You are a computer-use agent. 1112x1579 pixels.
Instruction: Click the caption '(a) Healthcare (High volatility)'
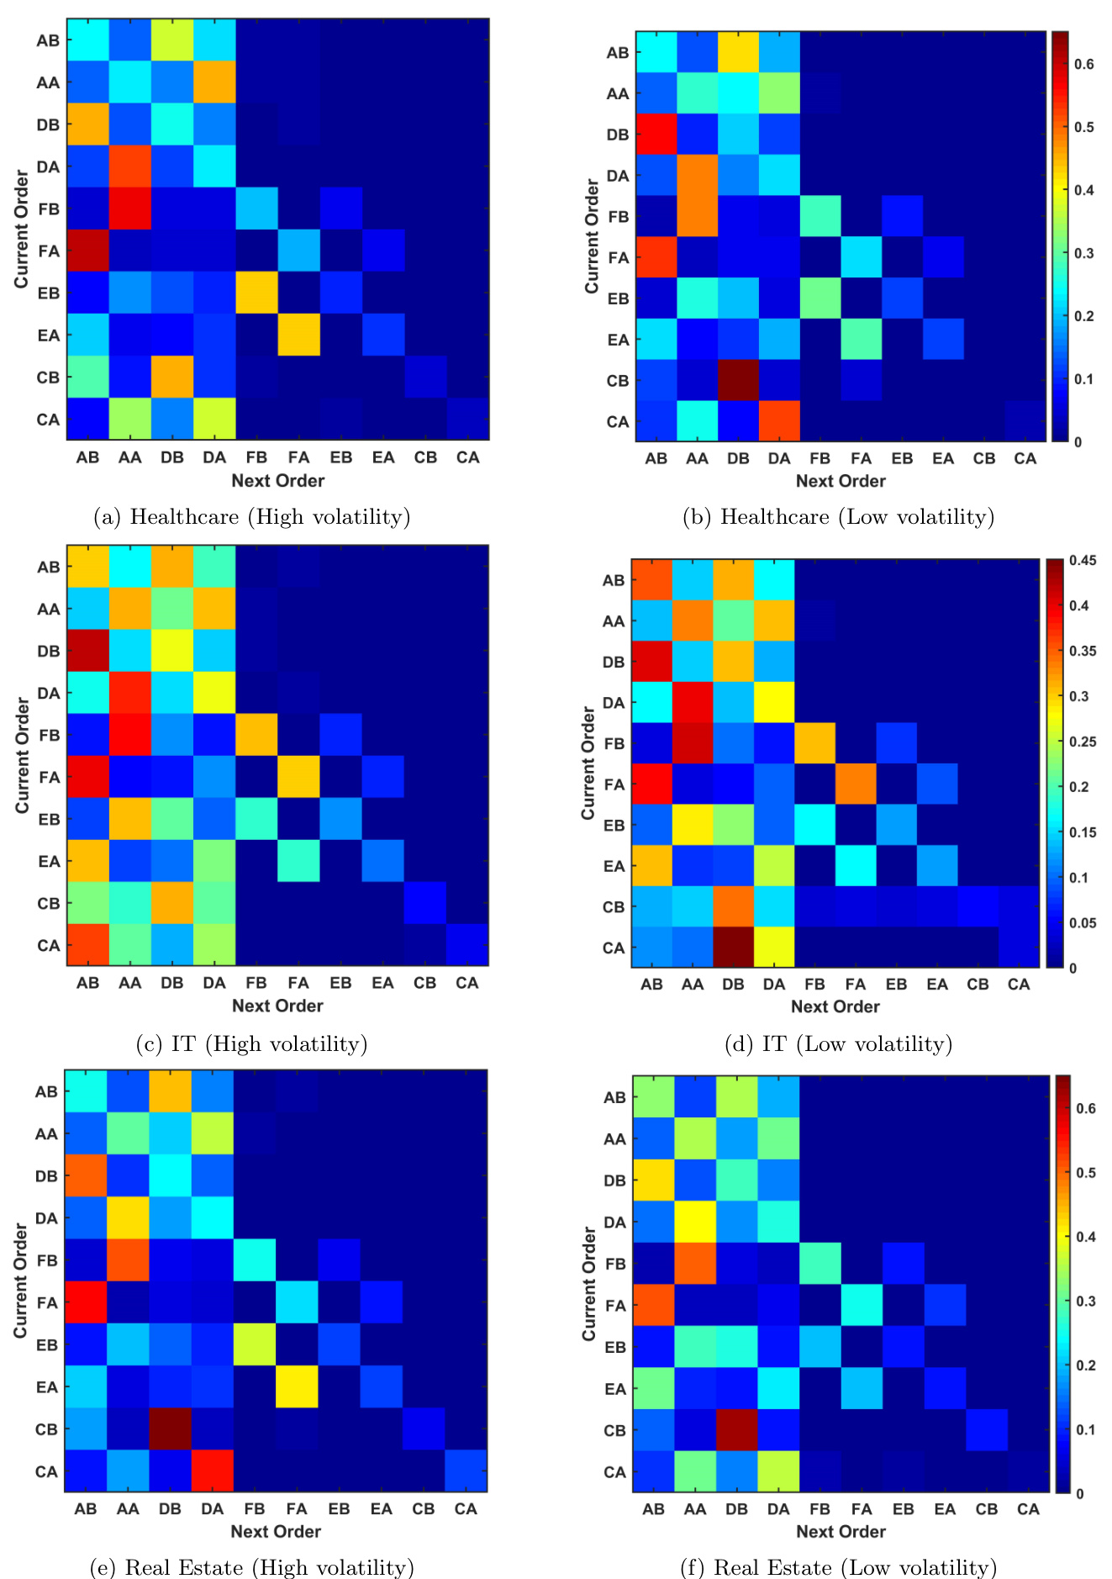coord(253,517)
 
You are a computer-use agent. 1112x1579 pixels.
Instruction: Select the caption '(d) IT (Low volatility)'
coord(839,1044)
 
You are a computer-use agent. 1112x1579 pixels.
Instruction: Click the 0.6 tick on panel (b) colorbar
coord(1083,64)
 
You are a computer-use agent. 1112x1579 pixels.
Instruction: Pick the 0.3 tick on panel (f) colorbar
coord(1085,1301)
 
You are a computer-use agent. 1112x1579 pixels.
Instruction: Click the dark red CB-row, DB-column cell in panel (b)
coord(738,380)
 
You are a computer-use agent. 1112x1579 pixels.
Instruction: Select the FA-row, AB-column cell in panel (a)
coord(87,251)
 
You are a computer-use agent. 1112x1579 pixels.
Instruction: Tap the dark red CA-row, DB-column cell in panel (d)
coord(733,948)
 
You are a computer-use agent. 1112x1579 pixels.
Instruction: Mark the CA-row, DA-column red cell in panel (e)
coord(213,1471)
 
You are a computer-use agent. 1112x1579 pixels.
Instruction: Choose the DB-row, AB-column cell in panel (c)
coord(87,651)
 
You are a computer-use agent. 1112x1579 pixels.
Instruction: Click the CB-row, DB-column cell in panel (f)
coord(736,1430)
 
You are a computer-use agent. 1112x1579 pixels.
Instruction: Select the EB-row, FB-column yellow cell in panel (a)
coord(256,293)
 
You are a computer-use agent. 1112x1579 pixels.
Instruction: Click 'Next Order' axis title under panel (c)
coord(277,1006)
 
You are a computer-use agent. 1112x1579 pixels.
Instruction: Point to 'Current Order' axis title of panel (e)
coord(20,1281)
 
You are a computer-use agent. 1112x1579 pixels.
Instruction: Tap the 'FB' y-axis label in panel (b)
coord(618,216)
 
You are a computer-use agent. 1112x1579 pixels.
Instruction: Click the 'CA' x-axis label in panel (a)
coord(467,457)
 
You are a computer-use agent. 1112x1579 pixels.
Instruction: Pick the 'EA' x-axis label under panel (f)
coord(945,1508)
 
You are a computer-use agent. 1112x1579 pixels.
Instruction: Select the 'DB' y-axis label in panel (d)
coord(614,662)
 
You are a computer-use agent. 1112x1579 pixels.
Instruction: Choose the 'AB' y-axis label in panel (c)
coord(49,567)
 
